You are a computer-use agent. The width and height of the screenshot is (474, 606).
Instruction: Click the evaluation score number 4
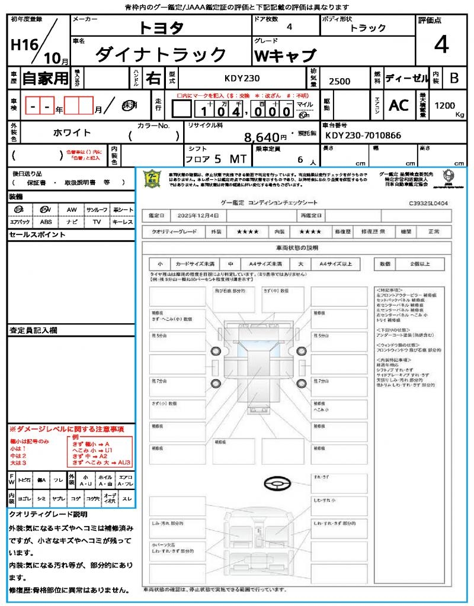[441, 46]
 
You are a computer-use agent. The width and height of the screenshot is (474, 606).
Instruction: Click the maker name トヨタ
[161, 28]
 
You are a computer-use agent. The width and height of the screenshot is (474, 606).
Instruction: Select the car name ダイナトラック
[161, 55]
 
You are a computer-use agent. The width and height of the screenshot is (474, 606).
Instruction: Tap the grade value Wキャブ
[284, 56]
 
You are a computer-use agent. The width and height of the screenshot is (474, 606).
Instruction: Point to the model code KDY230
[242, 78]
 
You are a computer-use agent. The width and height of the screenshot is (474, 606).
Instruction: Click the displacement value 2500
[339, 82]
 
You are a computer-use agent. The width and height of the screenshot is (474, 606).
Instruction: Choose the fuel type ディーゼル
[406, 78]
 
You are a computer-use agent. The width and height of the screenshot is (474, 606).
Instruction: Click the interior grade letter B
[454, 78]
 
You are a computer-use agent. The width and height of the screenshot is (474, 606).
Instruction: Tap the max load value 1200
[445, 105]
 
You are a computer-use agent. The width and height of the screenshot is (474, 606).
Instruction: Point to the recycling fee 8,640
[261, 137]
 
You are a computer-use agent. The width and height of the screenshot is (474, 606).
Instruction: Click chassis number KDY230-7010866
[363, 135]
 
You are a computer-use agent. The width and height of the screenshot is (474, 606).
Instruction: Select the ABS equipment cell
[46, 222]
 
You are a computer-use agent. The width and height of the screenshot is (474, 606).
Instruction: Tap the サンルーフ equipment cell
[97, 209]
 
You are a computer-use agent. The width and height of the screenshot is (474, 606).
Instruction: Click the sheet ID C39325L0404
[428, 203]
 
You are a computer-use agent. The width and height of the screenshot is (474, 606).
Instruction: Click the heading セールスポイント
[37, 235]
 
